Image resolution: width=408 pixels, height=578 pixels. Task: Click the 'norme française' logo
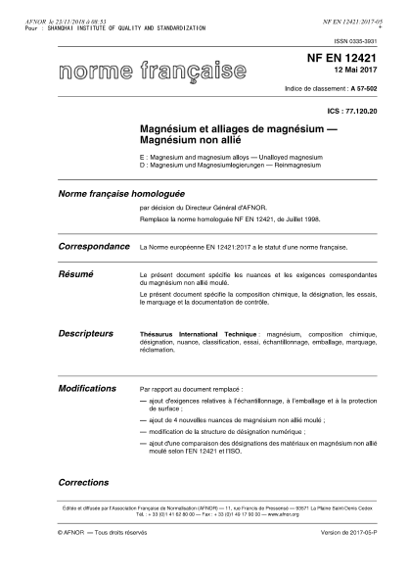152,72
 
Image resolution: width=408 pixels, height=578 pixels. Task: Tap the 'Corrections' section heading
83,482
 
